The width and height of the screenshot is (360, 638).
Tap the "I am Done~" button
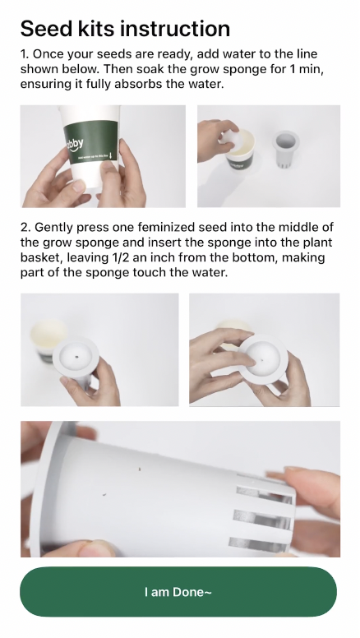pyautogui.click(x=178, y=592)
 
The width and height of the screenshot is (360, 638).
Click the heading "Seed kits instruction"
pyautogui.click(x=125, y=29)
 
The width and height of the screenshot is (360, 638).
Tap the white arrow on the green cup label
pyautogui.click(x=110, y=155)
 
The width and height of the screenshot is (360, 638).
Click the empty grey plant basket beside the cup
pyautogui.click(x=285, y=148)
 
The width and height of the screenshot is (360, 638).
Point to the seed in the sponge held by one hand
pyautogui.click(x=77, y=357)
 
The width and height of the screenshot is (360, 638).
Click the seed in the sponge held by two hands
pyautogui.click(x=262, y=360)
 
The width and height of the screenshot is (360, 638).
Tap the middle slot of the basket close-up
pyautogui.click(x=263, y=518)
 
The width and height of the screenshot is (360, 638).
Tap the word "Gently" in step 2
pyautogui.click(x=53, y=227)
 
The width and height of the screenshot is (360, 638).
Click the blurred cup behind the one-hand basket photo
pyautogui.click(x=48, y=337)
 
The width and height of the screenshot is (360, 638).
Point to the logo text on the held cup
pyautogui.click(x=75, y=144)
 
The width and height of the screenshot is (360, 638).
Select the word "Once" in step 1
pyautogui.click(x=46, y=53)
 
